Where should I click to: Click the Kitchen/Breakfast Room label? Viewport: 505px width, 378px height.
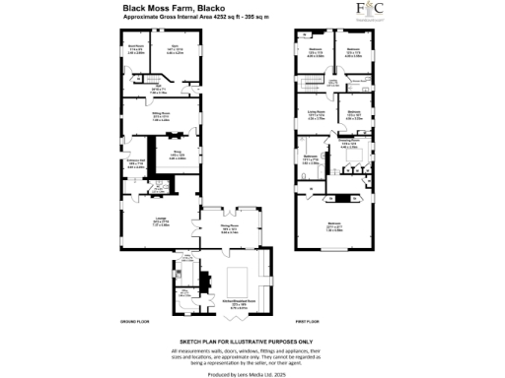(237, 306)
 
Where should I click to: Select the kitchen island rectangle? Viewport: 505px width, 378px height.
(240, 281)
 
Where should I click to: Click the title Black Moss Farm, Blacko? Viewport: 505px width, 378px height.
(164, 9)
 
